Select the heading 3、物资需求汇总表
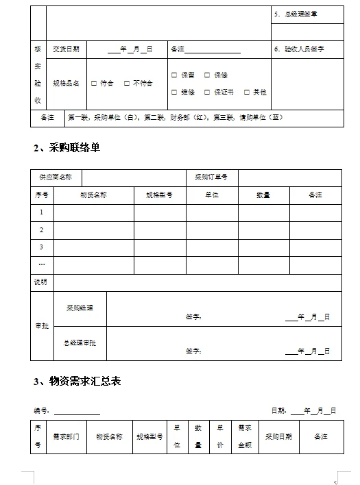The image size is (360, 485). (77, 381)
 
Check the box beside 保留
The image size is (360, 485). (174, 75)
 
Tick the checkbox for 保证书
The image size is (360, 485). (207, 92)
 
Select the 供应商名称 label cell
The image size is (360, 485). (56, 177)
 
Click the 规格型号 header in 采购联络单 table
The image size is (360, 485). (158, 195)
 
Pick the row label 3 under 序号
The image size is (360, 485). (42, 247)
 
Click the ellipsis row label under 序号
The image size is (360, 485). (42, 264)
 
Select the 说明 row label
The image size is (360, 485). (41, 282)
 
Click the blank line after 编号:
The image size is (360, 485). (77, 411)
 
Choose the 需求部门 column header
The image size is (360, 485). (67, 436)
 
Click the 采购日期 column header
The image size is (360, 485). (278, 436)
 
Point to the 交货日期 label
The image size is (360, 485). (66, 49)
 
